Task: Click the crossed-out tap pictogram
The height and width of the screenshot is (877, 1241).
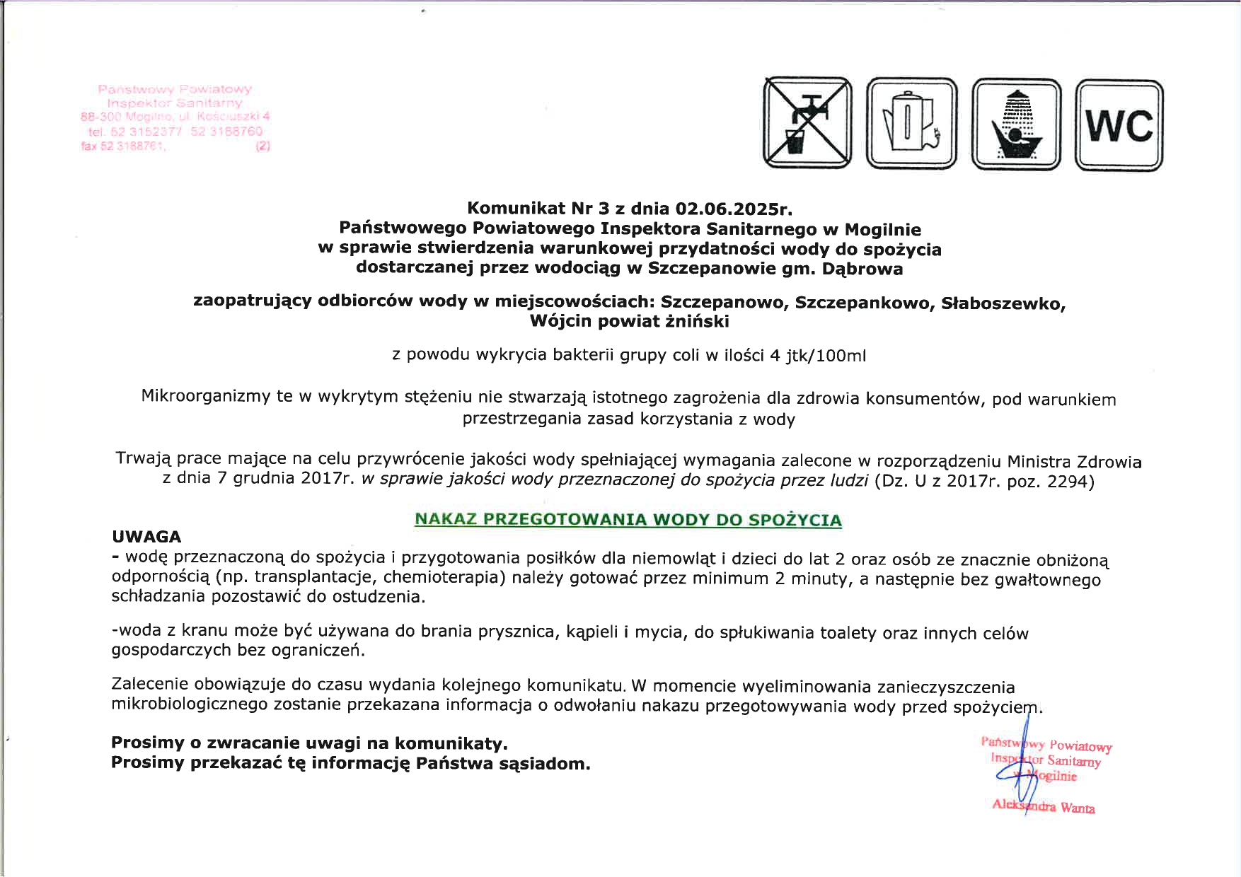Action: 807,123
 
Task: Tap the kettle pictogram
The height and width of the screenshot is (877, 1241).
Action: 911,124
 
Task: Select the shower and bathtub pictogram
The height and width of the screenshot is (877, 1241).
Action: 1016,124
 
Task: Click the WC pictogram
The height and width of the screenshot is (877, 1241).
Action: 1119,125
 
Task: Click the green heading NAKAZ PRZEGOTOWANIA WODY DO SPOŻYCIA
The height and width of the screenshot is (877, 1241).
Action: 628,520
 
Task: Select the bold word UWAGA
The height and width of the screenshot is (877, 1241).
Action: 146,537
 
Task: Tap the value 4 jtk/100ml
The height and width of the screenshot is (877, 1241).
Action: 817,356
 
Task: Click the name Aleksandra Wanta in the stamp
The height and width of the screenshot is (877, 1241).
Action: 1044,806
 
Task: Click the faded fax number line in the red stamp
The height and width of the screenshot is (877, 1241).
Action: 125,146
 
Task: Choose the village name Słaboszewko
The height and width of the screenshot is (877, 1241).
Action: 1003,303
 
